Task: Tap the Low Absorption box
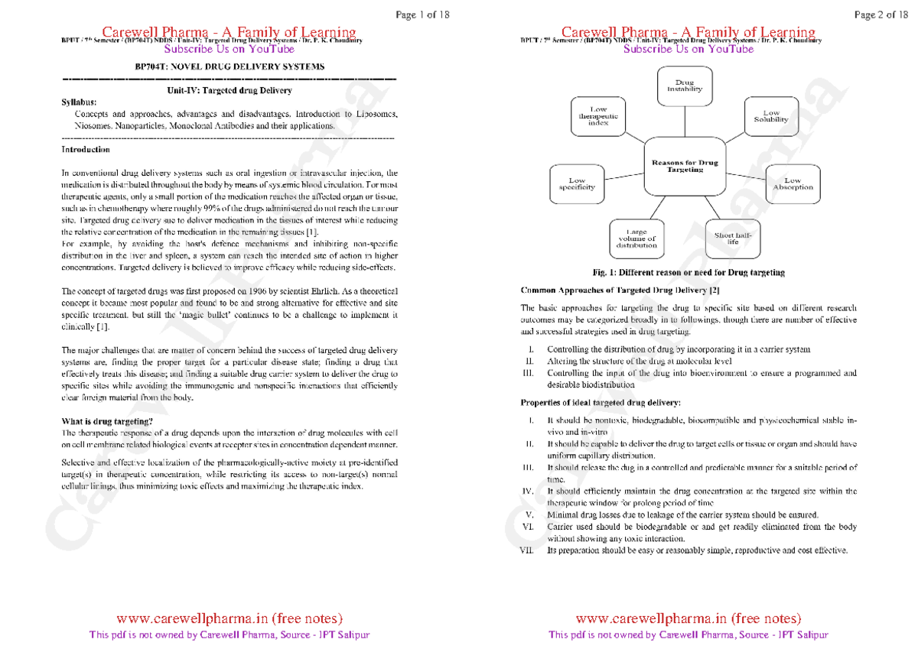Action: pyautogui.click(x=793, y=184)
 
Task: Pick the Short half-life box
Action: pyautogui.click(x=733, y=239)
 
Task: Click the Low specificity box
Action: pyautogui.click(x=577, y=184)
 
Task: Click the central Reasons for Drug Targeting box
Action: pyautogui.click(x=684, y=167)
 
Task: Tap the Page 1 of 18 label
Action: pyautogui.click(x=417, y=14)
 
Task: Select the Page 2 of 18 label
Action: pyautogui.click(x=877, y=14)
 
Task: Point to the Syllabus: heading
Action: pyautogui.click(x=79, y=102)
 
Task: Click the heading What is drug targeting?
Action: pyautogui.click(x=107, y=421)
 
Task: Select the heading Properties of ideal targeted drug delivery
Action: pyautogui.click(x=600, y=403)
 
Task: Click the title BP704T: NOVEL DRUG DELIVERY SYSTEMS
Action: pyautogui.click(x=229, y=67)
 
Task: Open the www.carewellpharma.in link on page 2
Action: pyautogui.click(x=688, y=618)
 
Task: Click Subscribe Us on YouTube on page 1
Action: pyautogui.click(x=229, y=49)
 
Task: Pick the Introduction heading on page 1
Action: pyautogui.click(x=85, y=150)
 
